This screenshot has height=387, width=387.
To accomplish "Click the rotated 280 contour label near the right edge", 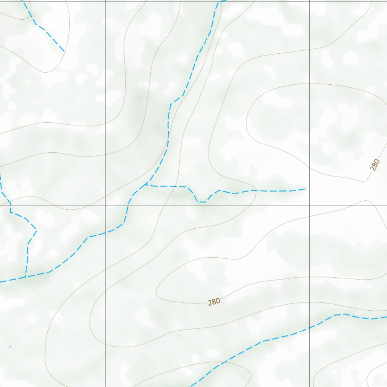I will [x=375, y=165].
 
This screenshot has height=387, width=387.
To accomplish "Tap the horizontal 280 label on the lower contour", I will [x=214, y=302].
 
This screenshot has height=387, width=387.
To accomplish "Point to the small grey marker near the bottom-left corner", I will [x=10, y=346].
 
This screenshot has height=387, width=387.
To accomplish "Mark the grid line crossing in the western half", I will [x=105, y=205].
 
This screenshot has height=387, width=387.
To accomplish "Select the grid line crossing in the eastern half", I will [x=310, y=205].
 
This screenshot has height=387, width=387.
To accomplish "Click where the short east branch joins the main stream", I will [x=145, y=185].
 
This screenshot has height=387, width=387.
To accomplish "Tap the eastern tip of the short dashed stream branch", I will [x=305, y=188].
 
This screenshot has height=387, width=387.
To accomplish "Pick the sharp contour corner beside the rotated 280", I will [x=365, y=182].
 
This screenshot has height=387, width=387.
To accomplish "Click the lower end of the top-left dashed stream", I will [x=63, y=51].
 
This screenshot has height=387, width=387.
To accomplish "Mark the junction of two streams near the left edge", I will [x=26, y=277].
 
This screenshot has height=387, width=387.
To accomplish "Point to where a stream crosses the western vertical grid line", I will [x=105, y=232].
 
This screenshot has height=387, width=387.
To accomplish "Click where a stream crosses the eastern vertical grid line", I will [x=310, y=327].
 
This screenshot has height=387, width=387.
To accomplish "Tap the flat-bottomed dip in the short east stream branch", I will [x=202, y=202].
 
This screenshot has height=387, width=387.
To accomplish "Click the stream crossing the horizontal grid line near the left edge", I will [x=10, y=205].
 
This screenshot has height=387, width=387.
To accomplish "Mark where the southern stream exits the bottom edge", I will [x=191, y=386].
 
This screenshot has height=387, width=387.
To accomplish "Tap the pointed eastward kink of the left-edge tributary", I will [x=36, y=229].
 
